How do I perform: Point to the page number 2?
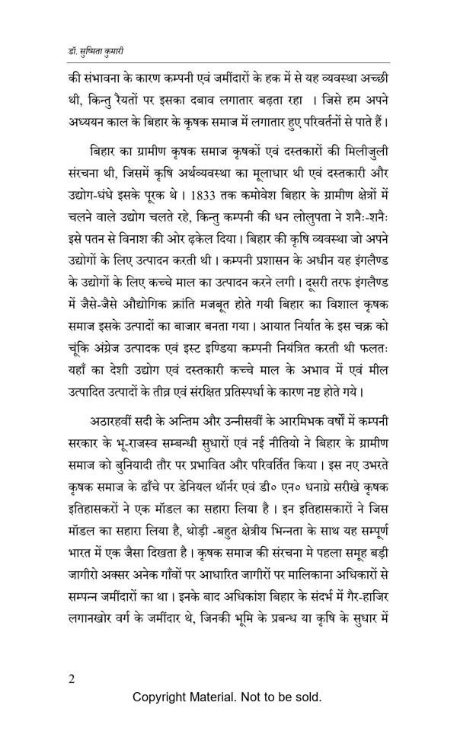click(x=71, y=678)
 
